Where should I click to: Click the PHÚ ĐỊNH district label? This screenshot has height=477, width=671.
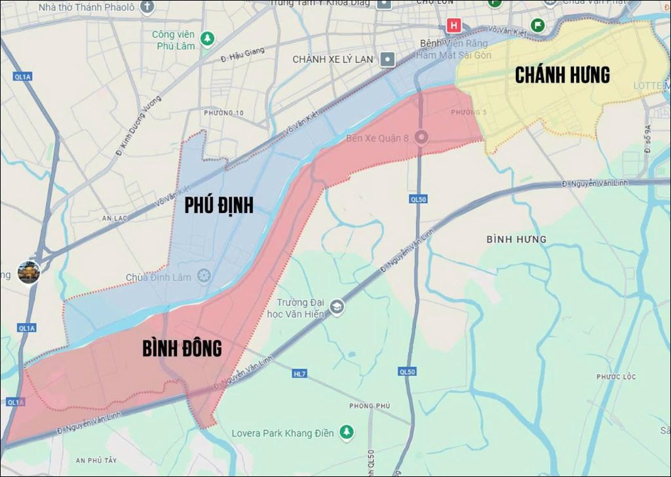point(218,205)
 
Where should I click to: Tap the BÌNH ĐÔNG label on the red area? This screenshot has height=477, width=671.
point(182,349)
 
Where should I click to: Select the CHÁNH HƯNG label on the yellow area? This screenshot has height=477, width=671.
point(562,75)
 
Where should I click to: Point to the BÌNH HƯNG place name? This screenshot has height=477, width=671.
point(516,239)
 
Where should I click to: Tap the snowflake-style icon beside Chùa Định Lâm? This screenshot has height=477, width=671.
point(204,277)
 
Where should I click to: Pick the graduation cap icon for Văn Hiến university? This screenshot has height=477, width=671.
point(337,307)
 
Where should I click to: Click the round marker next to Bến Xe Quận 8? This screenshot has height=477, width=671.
point(422,138)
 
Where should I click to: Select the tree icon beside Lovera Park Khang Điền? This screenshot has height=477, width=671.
point(347,432)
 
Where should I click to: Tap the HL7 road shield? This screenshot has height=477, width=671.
point(299,373)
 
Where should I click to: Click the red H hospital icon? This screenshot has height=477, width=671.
point(453,26)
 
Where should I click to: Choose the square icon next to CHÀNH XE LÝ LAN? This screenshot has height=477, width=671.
point(388,60)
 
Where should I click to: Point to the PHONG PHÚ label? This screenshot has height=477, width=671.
point(370,406)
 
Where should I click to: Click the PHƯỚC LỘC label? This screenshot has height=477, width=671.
point(616,377)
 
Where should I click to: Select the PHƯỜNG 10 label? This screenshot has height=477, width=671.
point(223,113)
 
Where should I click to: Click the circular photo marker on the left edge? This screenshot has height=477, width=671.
point(29,272)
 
